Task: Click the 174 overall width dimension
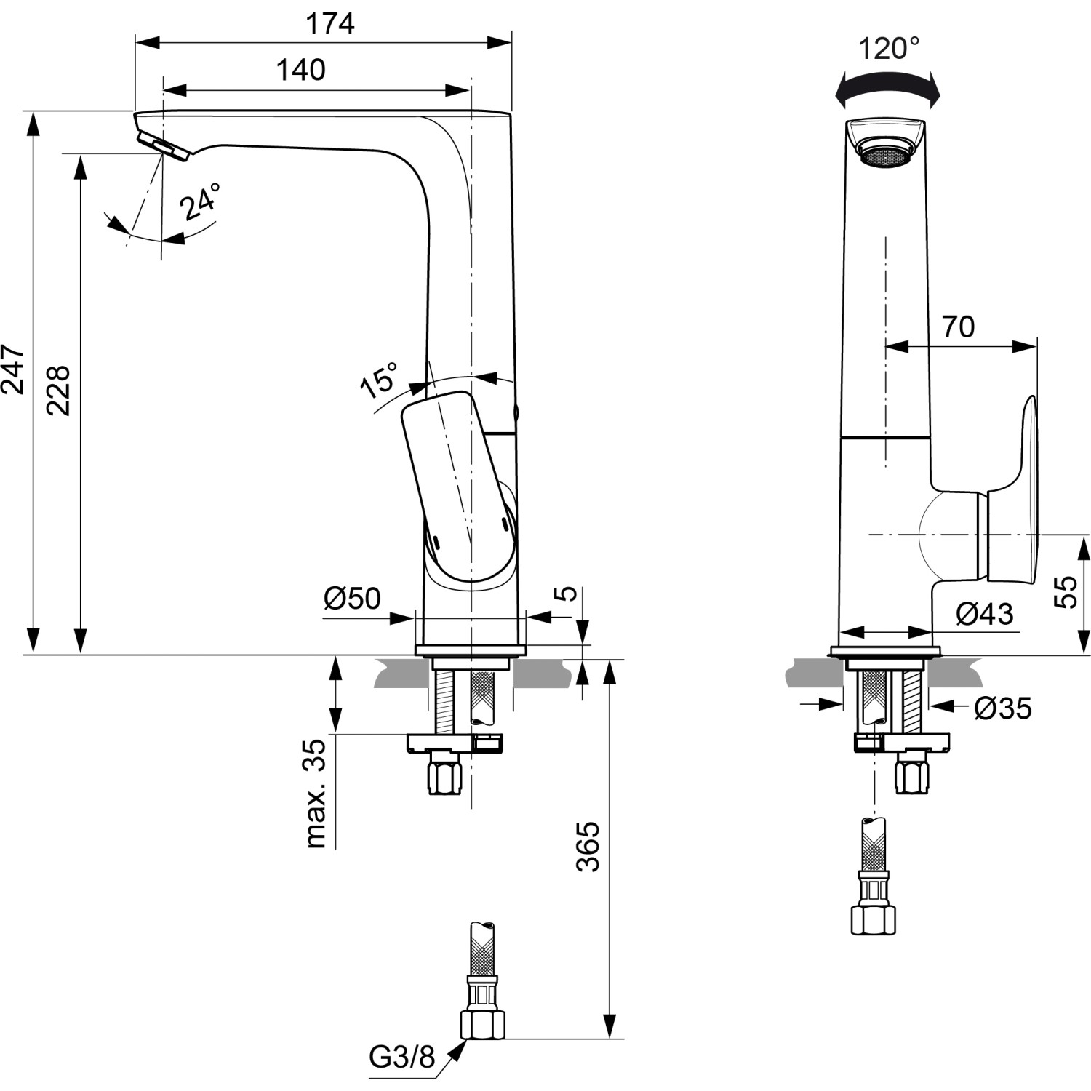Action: coord(329,24)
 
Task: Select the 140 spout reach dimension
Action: coord(300,71)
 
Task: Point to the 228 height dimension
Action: coord(58,390)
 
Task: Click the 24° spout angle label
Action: coord(200,201)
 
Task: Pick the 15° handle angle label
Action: coord(380,379)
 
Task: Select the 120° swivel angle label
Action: coord(888,49)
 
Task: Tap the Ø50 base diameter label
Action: coord(352,598)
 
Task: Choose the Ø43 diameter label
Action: coord(983,614)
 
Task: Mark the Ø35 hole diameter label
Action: coord(1002,707)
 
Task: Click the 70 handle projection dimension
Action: coord(958,327)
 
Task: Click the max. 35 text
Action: coord(315,794)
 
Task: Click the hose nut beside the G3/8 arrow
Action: coord(482,1025)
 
